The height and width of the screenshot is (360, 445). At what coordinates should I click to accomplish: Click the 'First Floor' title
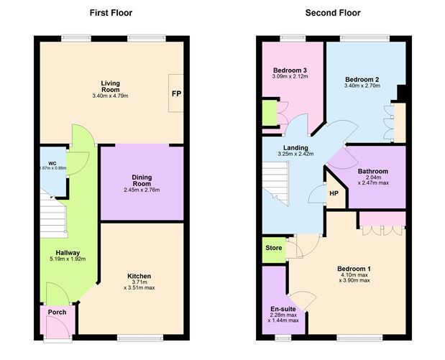111,13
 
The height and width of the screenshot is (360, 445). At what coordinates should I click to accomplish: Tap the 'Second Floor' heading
333,13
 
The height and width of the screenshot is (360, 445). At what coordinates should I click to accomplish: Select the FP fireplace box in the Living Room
176,93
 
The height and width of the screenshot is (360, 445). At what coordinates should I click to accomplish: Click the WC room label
52,163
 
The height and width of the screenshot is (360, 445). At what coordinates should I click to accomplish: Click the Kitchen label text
139,276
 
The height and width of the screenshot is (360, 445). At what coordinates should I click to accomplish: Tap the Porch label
57,312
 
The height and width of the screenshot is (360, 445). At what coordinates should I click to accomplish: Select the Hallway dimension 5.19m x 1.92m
69,259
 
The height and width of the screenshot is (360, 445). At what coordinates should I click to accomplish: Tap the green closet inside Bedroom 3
270,114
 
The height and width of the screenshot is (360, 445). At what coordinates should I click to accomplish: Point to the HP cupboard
334,193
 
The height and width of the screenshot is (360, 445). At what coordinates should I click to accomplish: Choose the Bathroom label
373,172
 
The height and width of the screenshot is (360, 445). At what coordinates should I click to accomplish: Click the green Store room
273,248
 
